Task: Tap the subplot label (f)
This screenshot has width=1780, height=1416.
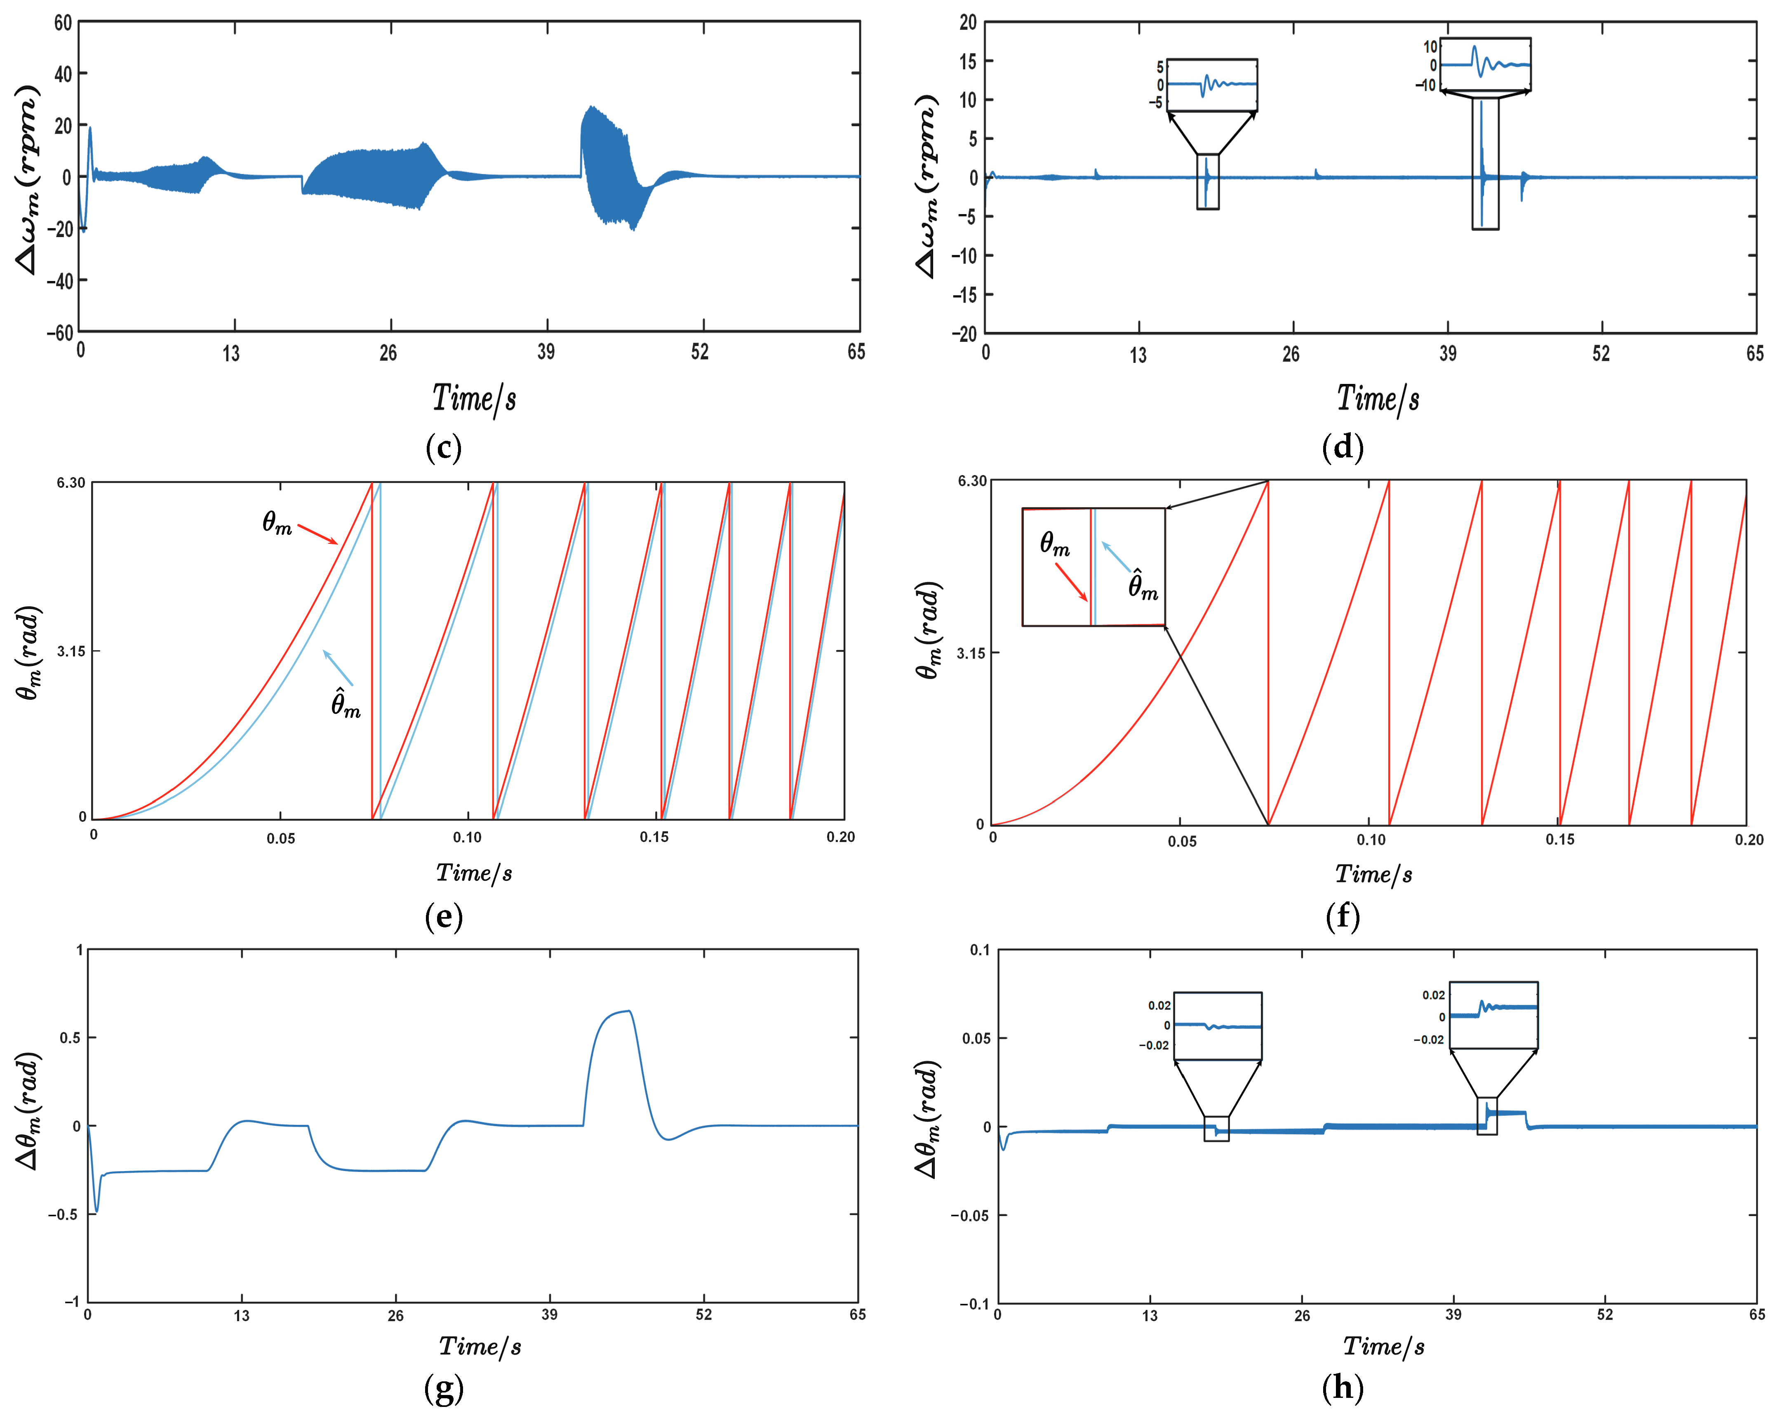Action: point(1343,917)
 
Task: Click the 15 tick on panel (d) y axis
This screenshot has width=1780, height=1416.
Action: point(968,61)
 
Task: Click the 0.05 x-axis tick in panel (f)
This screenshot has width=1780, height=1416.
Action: point(1181,841)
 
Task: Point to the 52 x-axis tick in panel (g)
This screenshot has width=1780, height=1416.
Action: point(703,1315)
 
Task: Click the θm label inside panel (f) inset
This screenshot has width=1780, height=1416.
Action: point(1054,543)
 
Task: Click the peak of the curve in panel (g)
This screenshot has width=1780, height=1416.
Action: point(629,1011)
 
